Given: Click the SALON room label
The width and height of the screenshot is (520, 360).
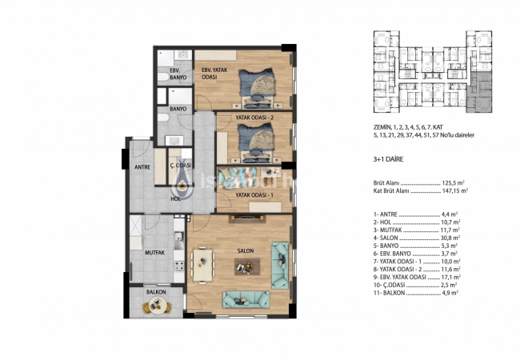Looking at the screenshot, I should tap(245, 250).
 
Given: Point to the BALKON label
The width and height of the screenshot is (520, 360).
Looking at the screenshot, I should tap(156, 292).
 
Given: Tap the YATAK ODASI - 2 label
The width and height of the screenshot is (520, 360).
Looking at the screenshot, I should tap(254, 118).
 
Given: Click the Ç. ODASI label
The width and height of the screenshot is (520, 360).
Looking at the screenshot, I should tap(179, 167).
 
